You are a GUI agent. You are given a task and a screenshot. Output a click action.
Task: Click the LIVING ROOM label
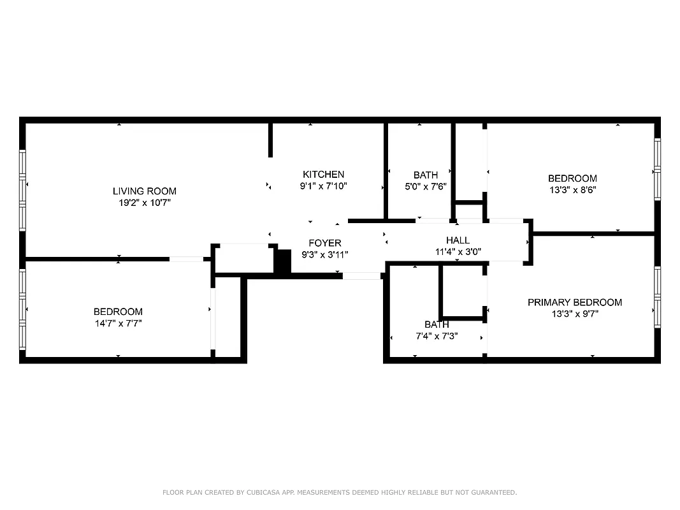pyautogui.click(x=144, y=191)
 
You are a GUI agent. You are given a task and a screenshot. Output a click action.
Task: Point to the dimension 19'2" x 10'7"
pyautogui.click(x=144, y=203)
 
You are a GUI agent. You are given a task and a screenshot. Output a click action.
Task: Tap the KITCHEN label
pyautogui.click(x=323, y=175)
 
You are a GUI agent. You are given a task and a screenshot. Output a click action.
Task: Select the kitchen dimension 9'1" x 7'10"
pyautogui.click(x=323, y=186)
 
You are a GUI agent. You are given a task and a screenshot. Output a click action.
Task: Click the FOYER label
pyautogui.click(x=325, y=243)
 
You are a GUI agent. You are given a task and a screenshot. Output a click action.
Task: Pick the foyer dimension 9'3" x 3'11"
pyautogui.click(x=325, y=254)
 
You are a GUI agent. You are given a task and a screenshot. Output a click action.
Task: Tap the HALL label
pyautogui.click(x=458, y=240)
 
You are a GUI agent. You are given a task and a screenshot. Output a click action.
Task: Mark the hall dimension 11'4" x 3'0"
pyautogui.click(x=458, y=252)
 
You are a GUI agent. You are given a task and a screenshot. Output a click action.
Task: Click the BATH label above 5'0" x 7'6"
pyautogui.click(x=425, y=175)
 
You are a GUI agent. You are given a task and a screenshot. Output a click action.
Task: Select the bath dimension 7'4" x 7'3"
pyautogui.click(x=437, y=336)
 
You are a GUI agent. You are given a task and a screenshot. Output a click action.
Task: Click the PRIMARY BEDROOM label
pyautogui.click(x=574, y=302)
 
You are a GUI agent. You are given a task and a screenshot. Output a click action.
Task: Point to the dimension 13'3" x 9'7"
pyautogui.click(x=574, y=314)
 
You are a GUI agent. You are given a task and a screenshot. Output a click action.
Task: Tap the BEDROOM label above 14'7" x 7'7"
pyautogui.click(x=118, y=312)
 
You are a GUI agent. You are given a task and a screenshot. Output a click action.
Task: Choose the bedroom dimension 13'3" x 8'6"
pyautogui.click(x=572, y=190)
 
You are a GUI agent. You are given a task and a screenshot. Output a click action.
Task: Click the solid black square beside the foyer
pyautogui.click(x=282, y=261)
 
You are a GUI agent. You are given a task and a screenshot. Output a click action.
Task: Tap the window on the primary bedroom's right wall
pyautogui.click(x=657, y=297)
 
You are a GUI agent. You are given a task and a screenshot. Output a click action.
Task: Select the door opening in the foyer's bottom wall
pyautogui.click(x=361, y=276)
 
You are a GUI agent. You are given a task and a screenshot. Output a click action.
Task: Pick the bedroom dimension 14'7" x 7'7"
pyautogui.click(x=118, y=323)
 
